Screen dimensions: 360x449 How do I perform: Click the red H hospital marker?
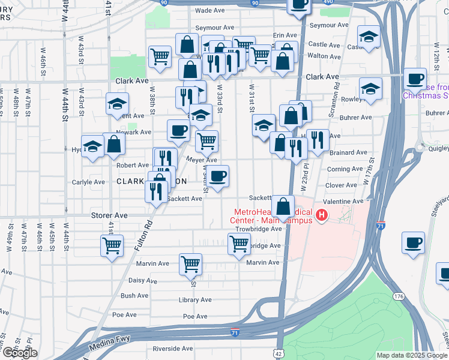click(x=322, y=215)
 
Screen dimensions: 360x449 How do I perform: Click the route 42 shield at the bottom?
click(x=278, y=354)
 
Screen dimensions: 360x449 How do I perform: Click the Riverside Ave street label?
click(x=173, y=348)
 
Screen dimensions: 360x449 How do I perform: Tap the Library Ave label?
click(x=195, y=300)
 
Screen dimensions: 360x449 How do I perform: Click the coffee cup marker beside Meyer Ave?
click(x=218, y=175)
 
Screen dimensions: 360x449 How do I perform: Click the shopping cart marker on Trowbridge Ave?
click(x=239, y=243)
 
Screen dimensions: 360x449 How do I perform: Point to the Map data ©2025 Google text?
click(x=411, y=355)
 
